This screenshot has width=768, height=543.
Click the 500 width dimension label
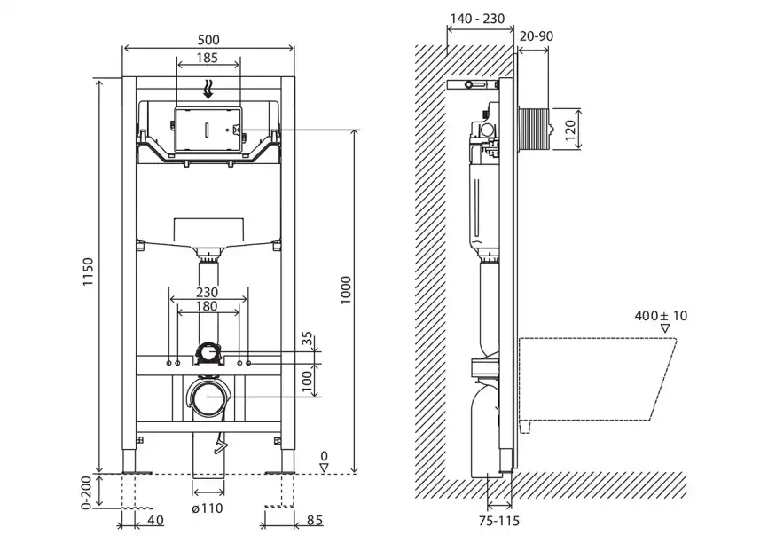coord(208,40)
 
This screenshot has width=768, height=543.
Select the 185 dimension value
coord(208,59)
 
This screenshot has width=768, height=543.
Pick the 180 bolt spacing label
coord(208,306)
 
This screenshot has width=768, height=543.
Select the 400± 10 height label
coord(661,315)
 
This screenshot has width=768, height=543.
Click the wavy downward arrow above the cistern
coord(208,88)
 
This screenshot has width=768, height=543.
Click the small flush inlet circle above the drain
coord(208,353)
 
